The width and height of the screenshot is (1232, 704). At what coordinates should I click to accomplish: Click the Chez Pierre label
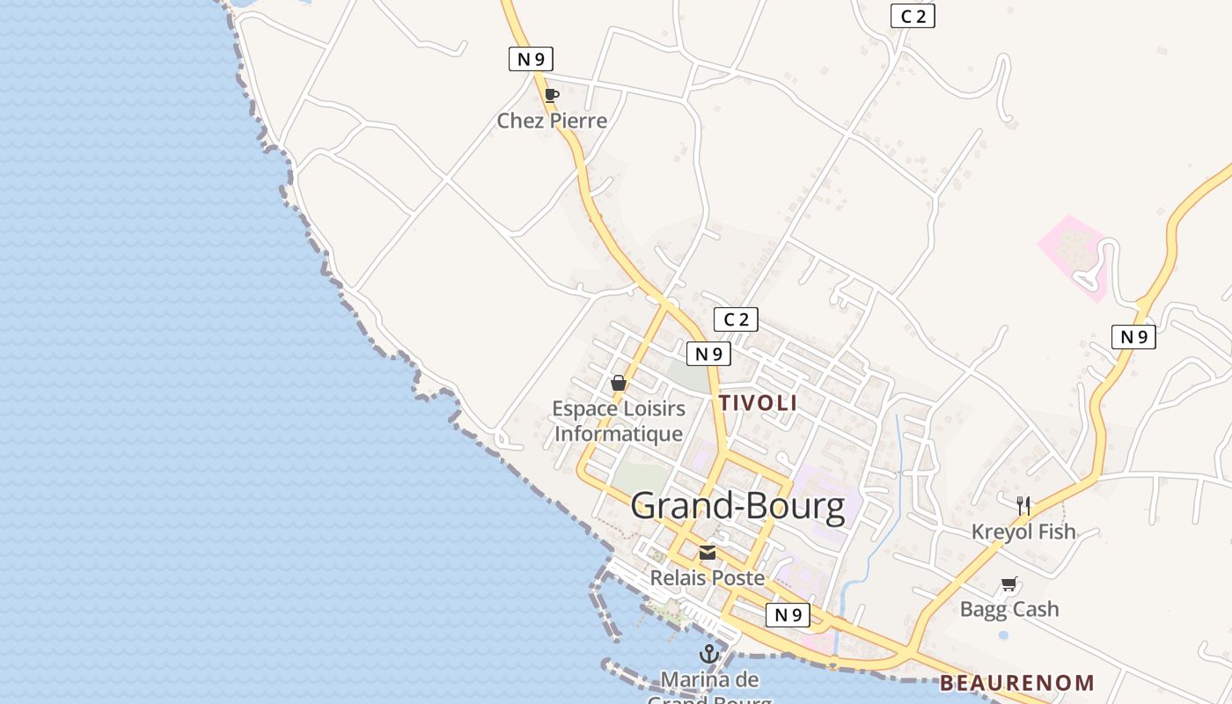pyautogui.click(x=552, y=121)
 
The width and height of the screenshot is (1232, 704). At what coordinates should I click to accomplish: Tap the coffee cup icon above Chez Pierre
pyautogui.click(x=552, y=95)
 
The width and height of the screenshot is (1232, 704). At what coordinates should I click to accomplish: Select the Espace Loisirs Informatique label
pyautogui.click(x=619, y=422)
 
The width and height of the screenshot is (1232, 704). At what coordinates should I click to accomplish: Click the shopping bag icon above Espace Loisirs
pyautogui.click(x=619, y=383)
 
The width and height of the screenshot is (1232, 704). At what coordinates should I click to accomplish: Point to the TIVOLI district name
pyautogui.click(x=758, y=403)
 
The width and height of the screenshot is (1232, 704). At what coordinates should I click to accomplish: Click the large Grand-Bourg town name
pyautogui.click(x=737, y=506)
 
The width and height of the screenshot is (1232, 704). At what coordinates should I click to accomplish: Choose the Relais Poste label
pyautogui.click(x=707, y=578)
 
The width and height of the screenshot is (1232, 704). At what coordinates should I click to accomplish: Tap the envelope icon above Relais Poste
pyautogui.click(x=707, y=554)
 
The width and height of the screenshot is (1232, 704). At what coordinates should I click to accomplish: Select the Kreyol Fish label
pyautogui.click(x=1023, y=532)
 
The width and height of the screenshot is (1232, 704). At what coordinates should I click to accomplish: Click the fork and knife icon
pyautogui.click(x=1023, y=506)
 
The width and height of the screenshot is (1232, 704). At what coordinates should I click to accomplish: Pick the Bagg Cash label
pyautogui.click(x=1009, y=609)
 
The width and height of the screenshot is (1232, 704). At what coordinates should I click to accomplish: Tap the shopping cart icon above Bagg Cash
pyautogui.click(x=1009, y=584)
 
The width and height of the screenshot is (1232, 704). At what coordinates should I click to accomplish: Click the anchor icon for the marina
pyautogui.click(x=708, y=654)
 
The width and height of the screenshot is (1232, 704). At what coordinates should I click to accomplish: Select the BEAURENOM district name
pyautogui.click(x=1016, y=683)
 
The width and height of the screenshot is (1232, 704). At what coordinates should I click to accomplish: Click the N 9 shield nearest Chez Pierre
pyautogui.click(x=531, y=59)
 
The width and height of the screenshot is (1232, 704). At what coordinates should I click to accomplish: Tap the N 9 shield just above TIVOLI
pyautogui.click(x=708, y=354)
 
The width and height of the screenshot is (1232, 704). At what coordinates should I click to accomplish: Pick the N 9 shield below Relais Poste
pyautogui.click(x=788, y=615)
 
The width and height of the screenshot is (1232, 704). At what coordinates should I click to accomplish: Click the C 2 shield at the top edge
pyautogui.click(x=913, y=16)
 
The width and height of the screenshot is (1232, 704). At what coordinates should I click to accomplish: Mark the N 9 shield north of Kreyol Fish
pyautogui.click(x=1133, y=336)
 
